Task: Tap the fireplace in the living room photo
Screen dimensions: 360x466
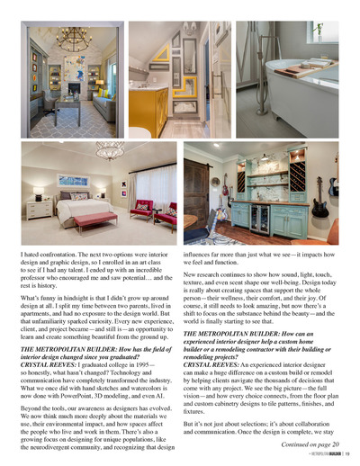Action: [x=74, y=90]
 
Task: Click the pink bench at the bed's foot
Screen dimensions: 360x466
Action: [x=94, y=218]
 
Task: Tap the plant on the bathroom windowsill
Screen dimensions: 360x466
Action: [x=317, y=29]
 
